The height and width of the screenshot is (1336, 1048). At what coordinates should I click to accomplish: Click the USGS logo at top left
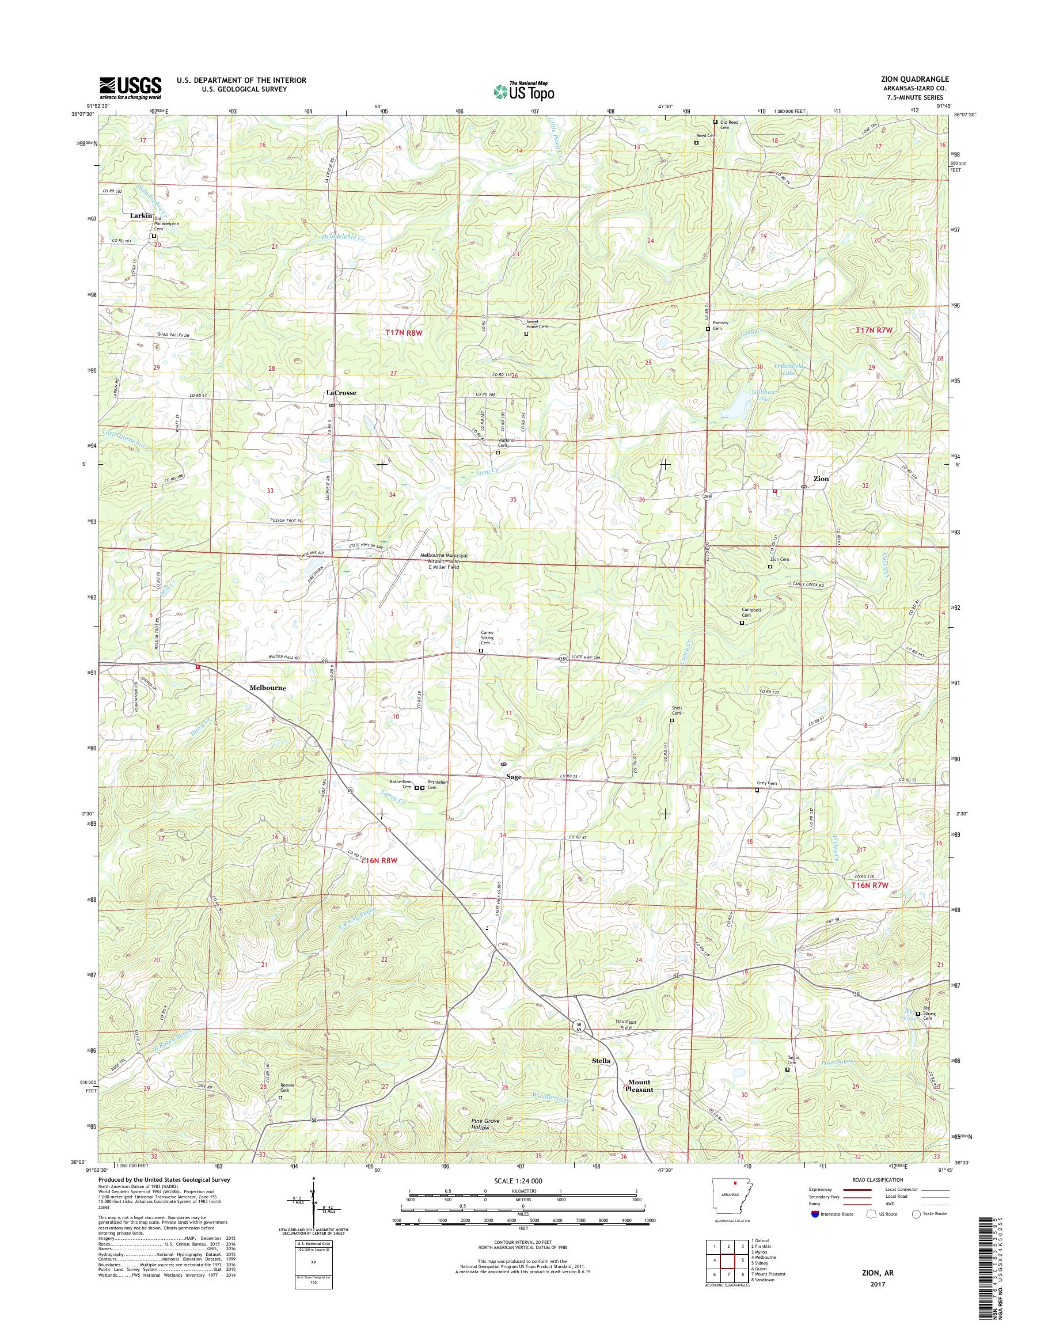pos(130,88)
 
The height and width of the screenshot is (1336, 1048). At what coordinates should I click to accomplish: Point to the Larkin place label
pos(141,215)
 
